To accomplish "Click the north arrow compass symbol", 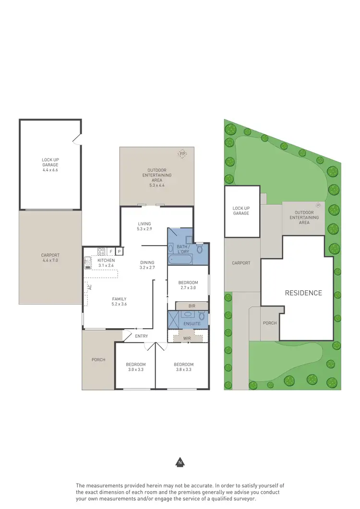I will pyautogui.click(x=180, y=462).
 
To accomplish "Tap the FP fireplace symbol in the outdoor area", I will pyautogui.click(x=182, y=154).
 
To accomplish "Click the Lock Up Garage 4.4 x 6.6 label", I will pyautogui.click(x=50, y=165).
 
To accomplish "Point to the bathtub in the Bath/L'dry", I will pyautogui.click(x=180, y=260).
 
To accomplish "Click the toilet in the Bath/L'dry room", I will pyautogui.click(x=200, y=249).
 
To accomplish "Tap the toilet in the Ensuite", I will pyautogui.click(x=202, y=316).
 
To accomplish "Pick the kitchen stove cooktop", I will pyautogui.click(x=101, y=251).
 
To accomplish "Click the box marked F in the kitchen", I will pyautogui.click(x=111, y=251).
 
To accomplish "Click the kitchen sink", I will pyautogui.click(x=88, y=262).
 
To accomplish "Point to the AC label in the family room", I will pyautogui.click(x=89, y=287).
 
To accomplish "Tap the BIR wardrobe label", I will pyautogui.click(x=192, y=306).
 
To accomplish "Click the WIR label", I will pyautogui.click(x=187, y=338).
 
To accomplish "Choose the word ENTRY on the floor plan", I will pyautogui.click(x=142, y=336).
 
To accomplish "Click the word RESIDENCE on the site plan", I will pyautogui.click(x=303, y=293).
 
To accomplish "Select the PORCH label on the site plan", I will pyautogui.click(x=270, y=323).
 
